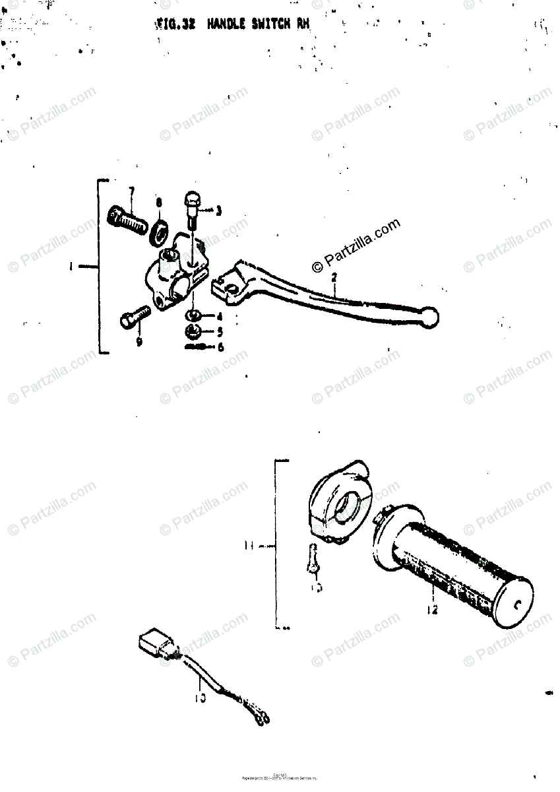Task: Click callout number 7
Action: [x=131, y=192]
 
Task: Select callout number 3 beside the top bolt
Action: [x=218, y=211]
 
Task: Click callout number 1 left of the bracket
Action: [x=71, y=267]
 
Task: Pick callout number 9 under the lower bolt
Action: [x=139, y=342]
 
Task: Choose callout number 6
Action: [x=221, y=346]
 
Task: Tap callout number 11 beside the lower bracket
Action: [x=248, y=546]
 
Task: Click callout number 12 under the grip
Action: [x=431, y=610]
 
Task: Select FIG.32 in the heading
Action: [x=177, y=26]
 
